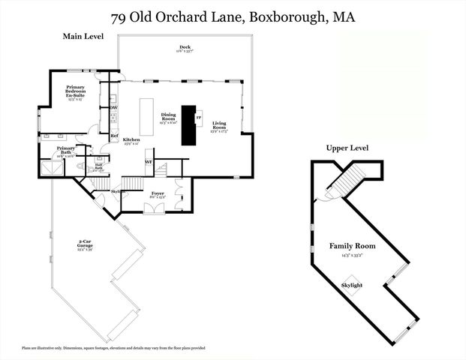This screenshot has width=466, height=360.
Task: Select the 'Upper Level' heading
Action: tap(347, 148)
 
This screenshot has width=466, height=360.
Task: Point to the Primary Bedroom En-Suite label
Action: tap(75, 92)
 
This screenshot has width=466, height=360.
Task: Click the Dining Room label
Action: tap(168, 118)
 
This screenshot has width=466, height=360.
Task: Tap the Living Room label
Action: tap(219, 126)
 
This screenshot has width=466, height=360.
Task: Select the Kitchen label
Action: tap(131, 141)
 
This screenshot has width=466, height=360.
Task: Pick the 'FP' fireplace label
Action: tap(198, 118)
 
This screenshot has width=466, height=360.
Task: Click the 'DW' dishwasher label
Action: tap(113, 107)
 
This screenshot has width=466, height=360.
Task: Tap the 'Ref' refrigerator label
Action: tap(114, 136)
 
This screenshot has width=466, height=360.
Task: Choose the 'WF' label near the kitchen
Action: tap(149, 161)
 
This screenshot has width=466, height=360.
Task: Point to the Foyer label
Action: tap(158, 194)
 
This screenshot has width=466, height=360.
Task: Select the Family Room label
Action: tap(352, 247)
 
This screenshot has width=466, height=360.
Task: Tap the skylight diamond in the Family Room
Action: tap(352, 286)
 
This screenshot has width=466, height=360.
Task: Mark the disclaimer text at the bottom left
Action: tap(113, 348)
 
